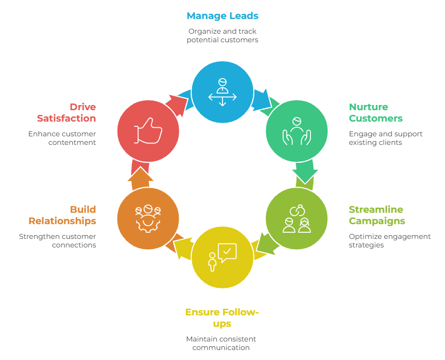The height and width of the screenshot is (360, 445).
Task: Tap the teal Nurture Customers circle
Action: point(296,131)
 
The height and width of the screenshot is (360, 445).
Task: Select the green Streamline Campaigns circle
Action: point(296,218)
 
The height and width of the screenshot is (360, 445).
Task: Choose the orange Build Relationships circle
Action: point(148,218)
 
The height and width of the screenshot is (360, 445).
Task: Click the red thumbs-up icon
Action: point(148,131)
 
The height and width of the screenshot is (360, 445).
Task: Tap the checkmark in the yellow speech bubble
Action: point(227,250)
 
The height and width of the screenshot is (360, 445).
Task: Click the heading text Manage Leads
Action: point(222,16)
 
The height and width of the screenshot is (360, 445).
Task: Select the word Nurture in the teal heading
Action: point(368,107)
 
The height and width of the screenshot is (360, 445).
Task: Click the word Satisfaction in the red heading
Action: point(67,118)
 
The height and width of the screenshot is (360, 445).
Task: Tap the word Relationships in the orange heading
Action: point(62,221)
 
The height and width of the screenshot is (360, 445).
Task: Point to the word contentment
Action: point(72,142)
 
